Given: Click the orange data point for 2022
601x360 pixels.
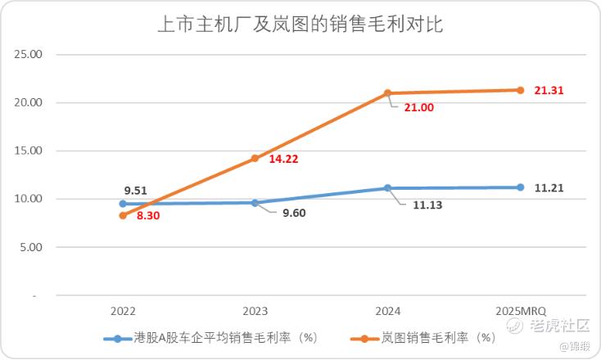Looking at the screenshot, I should point(123,215).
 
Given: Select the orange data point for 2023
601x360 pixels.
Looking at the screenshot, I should point(255,159).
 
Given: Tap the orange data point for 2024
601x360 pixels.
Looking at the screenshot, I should point(388,93).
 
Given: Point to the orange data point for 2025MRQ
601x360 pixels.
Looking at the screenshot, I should point(520,90).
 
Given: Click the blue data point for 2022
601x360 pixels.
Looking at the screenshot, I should point(123,204).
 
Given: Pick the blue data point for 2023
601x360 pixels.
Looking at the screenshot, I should point(255,203).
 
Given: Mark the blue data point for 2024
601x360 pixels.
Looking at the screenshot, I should point(388,188).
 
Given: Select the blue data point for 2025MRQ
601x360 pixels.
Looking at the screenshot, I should point(520,187).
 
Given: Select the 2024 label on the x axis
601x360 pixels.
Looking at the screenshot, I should point(388,311).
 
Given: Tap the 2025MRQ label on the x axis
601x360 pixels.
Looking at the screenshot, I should point(520,311).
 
